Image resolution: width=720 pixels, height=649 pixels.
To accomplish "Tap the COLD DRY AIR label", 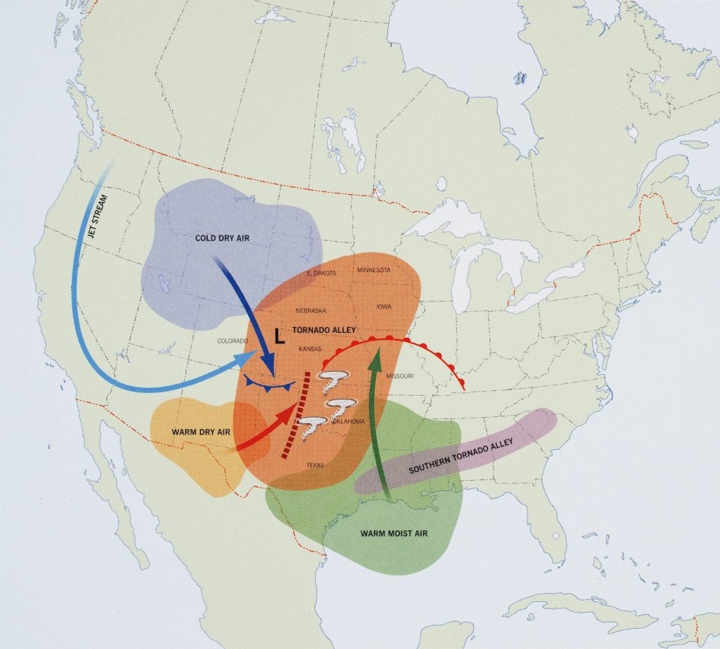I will (222, 238).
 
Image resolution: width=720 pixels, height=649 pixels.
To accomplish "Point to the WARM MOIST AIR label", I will (394, 533).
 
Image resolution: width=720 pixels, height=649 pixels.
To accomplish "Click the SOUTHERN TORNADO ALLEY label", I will (461, 457).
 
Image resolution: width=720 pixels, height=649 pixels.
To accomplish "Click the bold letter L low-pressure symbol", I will (279, 337).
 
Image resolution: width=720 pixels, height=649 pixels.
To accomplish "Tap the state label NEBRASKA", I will (310, 310).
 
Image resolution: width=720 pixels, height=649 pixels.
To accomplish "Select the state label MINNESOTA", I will (373, 270).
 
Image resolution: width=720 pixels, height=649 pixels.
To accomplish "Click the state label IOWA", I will (385, 307).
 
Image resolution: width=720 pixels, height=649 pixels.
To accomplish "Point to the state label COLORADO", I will (233, 340).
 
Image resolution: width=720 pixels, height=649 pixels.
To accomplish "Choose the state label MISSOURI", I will (399, 376).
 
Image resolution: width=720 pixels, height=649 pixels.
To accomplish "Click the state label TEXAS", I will (315, 465).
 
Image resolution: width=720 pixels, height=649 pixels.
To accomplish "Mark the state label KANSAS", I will (310, 349).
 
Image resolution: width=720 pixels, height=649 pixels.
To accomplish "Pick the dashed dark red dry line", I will (296, 416).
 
